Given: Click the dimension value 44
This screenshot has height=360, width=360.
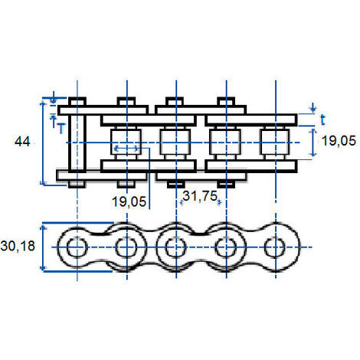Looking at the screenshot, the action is (x=22, y=142).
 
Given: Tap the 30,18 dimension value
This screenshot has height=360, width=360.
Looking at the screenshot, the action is (x=18, y=246).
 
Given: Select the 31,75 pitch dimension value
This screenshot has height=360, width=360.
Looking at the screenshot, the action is (x=200, y=196).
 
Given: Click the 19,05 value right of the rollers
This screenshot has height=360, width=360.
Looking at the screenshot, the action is (x=339, y=141).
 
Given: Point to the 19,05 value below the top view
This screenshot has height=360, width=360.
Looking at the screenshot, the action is (x=129, y=201).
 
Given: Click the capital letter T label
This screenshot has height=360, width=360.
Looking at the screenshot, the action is (x=61, y=128).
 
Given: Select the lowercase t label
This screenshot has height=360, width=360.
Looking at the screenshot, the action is (x=323, y=119).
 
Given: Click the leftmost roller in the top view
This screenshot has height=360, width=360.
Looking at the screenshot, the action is (x=126, y=142).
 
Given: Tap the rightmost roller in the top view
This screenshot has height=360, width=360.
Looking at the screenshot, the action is (x=275, y=142).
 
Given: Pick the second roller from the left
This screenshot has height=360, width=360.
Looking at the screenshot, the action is (x=175, y=142).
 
